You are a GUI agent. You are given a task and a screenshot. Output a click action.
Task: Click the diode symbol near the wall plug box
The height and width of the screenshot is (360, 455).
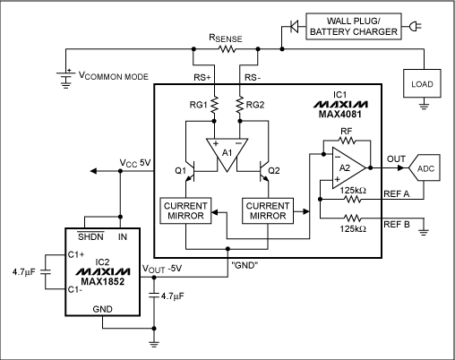point(290,26)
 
